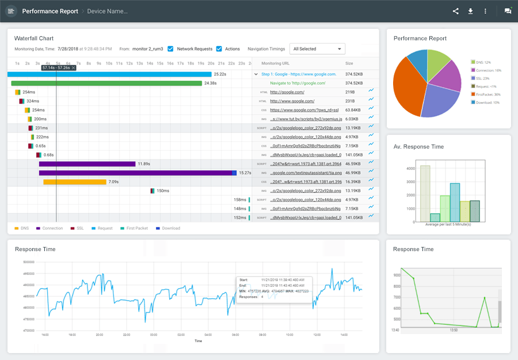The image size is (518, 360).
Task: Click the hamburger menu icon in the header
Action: pyautogui.click(x=11, y=11)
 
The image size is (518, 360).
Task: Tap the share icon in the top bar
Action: pyautogui.click(x=456, y=11)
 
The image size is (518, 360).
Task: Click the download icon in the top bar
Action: pyautogui.click(x=470, y=11)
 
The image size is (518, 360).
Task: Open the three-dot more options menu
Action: pyautogui.click(x=485, y=11)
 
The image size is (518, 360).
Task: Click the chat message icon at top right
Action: pyautogui.click(x=508, y=11)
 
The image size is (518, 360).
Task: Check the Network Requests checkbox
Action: pyautogui.click(x=170, y=49)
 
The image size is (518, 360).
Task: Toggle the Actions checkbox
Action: pyautogui.click(x=219, y=49)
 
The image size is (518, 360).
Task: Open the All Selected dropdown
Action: pyautogui.click(x=317, y=49)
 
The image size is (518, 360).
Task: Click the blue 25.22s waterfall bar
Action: pyautogui.click(x=109, y=74)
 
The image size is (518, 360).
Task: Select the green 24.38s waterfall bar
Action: pyautogui.click(x=106, y=83)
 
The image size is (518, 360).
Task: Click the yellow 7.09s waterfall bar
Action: pyautogui.click(x=75, y=182)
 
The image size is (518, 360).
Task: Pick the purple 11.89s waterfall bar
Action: pyautogui.click(x=87, y=164)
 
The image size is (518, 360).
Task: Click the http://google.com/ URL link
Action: pyautogui.click(x=287, y=92)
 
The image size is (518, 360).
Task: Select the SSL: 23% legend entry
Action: pyautogui.click(x=481, y=78)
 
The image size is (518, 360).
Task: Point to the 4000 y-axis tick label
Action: pyautogui.click(x=410, y=169)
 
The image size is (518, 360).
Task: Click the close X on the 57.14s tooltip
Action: pyautogui.click(x=74, y=68)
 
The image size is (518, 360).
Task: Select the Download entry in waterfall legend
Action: pyautogui.click(x=168, y=229)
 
